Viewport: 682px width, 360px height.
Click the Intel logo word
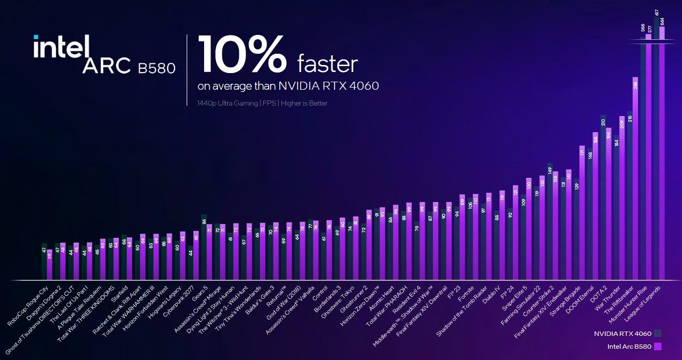pos(60,47)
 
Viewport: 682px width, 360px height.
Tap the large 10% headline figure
pos(242,55)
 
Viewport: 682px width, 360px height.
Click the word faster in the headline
pos(328,64)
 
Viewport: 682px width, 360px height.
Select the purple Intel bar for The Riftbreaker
pos(635,177)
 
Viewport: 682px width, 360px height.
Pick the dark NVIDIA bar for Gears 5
pos(204,247)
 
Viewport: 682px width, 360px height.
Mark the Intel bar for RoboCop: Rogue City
pos(50,264)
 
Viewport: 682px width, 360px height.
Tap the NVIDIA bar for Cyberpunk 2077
pos(190,263)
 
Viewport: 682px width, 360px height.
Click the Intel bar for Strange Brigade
pos(582,212)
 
